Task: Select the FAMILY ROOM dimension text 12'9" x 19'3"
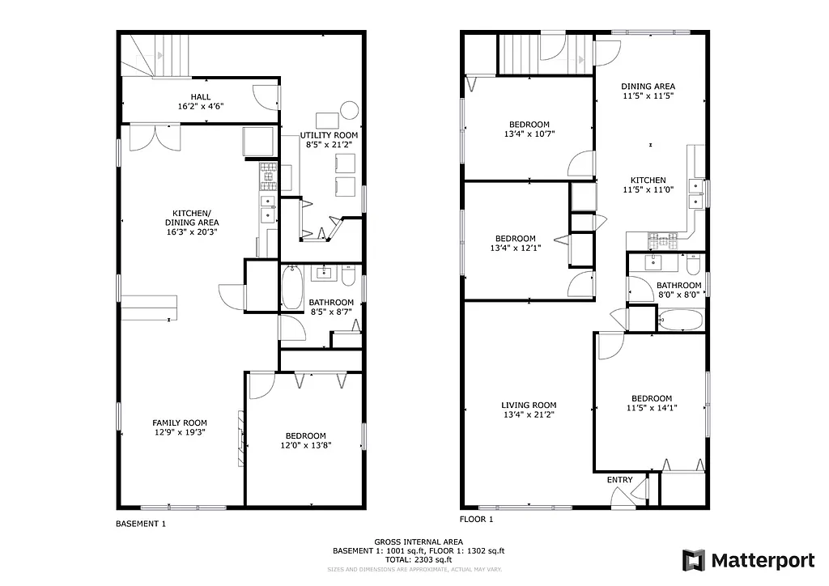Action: [x=180, y=432]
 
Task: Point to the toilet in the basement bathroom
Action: [x=348, y=277]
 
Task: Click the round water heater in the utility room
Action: [x=349, y=109]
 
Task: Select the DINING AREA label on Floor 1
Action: [x=648, y=86]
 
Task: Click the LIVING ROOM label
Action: [x=528, y=405]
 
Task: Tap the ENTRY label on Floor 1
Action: [x=619, y=480]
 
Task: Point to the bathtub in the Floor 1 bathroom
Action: [x=681, y=321]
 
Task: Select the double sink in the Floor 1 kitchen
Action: [x=695, y=193]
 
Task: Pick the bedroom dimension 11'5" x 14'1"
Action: [x=651, y=408]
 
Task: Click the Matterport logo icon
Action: [x=694, y=560]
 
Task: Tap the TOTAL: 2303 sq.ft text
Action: [x=419, y=559]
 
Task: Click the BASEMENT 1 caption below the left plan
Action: [x=141, y=524]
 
